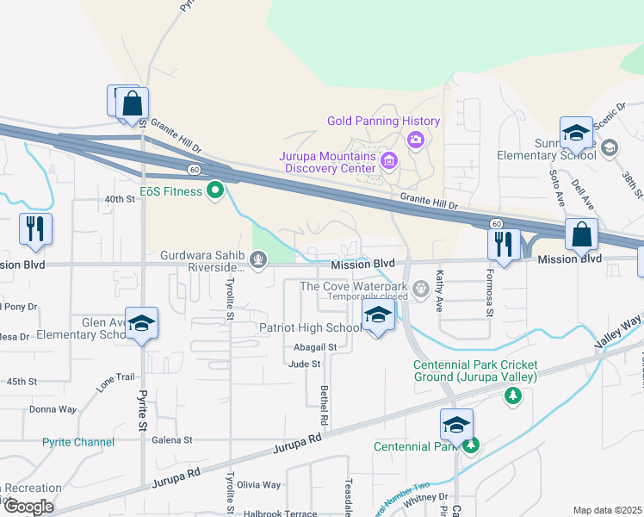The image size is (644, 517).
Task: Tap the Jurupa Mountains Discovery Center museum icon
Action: point(389,160)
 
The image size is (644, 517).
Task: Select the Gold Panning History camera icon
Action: point(417,139)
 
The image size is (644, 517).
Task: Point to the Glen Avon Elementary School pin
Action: point(142,323)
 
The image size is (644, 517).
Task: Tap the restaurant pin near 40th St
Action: point(35,228)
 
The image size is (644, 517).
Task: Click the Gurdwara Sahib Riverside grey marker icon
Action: point(257,257)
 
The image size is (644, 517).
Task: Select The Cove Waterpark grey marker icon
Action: point(421,288)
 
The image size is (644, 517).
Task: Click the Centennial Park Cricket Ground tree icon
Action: point(513,395)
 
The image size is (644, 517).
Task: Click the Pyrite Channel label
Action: point(77,442)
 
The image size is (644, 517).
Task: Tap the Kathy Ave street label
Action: point(439,292)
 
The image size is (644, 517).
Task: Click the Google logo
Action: point(28,507)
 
